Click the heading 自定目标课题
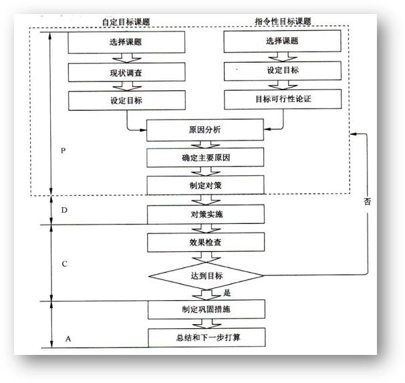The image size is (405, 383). coord(126,21)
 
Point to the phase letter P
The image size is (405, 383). coord(63,151)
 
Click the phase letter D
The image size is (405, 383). coord(64,211)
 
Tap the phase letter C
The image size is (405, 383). coord(64,263)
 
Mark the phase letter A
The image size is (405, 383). coord(67,338)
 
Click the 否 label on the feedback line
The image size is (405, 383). coord(367,202)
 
